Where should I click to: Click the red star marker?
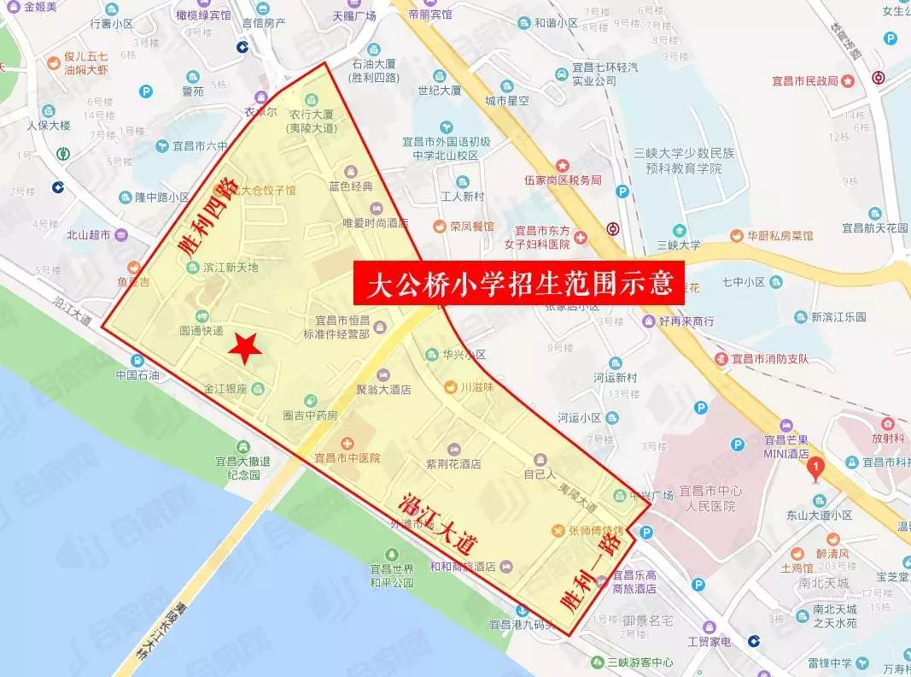[x=246, y=346]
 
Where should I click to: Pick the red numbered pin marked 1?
[x=815, y=469]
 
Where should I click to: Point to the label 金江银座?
[x=225, y=390]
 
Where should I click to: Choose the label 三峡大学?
[x=679, y=244]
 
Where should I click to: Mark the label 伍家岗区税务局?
[x=563, y=180]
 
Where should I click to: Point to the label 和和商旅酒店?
[x=463, y=566]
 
